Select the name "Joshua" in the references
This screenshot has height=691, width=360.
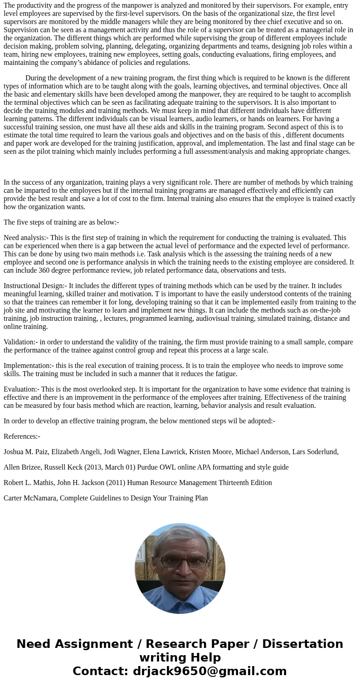click(15, 452)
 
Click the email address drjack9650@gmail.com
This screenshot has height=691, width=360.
click(209, 671)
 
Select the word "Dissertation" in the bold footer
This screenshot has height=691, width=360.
click(302, 644)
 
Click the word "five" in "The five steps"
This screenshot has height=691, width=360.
click(24, 222)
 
